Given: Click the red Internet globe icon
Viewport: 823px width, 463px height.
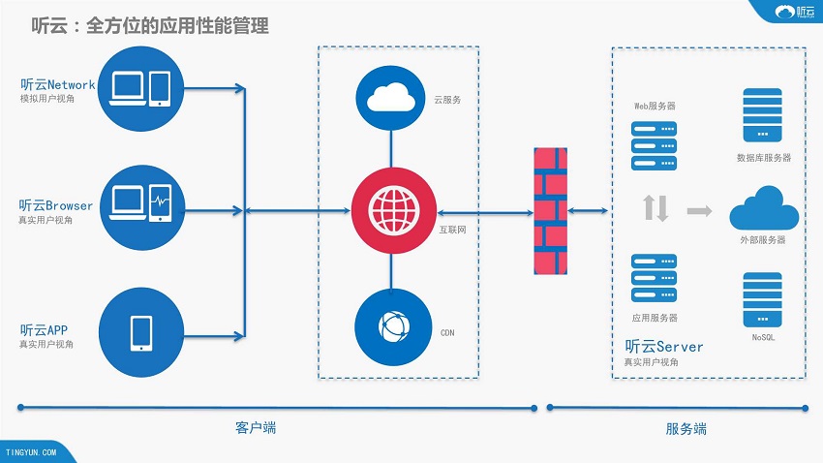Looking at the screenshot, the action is (x=394, y=210).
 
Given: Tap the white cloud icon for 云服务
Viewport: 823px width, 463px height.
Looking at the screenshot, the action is (x=391, y=98).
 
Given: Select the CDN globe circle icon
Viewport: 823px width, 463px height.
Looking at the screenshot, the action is (x=394, y=326).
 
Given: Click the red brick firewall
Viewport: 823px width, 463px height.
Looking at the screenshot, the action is (x=551, y=211).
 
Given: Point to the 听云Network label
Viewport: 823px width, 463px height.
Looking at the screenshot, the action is (x=58, y=84).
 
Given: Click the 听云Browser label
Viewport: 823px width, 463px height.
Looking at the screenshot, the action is (x=55, y=205).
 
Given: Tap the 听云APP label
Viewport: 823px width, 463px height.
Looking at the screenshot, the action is (x=45, y=329).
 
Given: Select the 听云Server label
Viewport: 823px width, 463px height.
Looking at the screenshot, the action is (x=664, y=347).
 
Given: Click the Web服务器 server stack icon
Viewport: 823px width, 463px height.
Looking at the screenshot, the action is (x=654, y=146).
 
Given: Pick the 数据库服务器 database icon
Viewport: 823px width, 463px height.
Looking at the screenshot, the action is (x=763, y=115).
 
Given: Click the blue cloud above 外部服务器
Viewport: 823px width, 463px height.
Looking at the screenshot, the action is (x=764, y=207).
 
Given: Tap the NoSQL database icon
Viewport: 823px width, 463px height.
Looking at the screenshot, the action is (x=763, y=299).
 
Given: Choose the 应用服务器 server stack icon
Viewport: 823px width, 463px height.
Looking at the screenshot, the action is (x=654, y=278).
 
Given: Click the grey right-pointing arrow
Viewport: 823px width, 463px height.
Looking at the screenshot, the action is (x=700, y=211).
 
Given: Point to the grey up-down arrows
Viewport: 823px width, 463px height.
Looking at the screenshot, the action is (x=655, y=208).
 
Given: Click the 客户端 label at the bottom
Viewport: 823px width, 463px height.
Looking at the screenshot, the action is (x=256, y=428).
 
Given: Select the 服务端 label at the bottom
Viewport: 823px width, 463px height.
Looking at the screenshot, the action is (x=686, y=429).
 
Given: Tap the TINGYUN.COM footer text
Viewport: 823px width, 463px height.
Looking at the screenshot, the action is (x=31, y=452).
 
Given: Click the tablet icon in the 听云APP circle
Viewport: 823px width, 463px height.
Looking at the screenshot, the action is (x=141, y=333).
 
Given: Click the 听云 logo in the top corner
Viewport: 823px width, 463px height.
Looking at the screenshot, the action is (x=795, y=12).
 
